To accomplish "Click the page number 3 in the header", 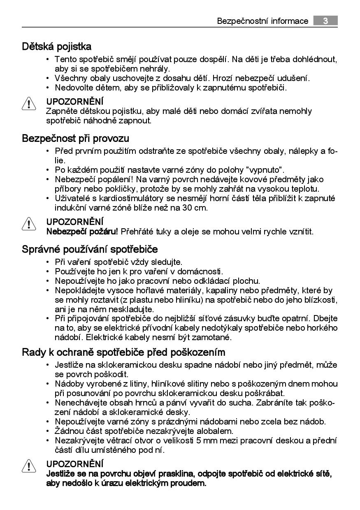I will point(325,21).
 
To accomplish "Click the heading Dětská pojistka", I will point(57,46).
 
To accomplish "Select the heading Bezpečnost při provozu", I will point(75,138).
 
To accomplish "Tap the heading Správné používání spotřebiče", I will point(90,249).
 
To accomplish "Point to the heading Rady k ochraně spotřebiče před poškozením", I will point(123,352).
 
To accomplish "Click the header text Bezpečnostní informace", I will point(262,21).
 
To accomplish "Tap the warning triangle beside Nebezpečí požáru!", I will point(29,224).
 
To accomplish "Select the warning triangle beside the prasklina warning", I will point(29,467).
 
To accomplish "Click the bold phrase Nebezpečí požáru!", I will point(82,232).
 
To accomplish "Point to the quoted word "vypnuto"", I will point(266,170).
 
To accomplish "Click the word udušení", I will point(294,78).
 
